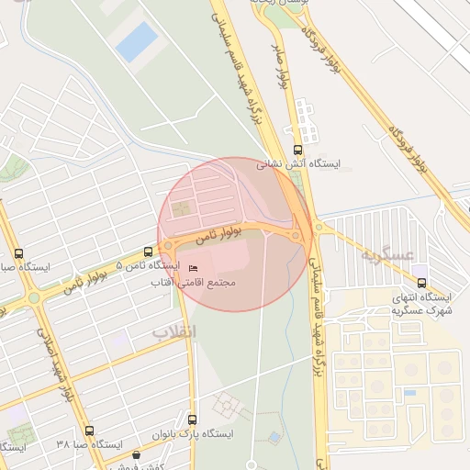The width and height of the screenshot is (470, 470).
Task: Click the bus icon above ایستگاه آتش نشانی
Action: point(296,150)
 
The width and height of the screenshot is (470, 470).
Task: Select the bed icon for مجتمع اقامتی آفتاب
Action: point(192,268)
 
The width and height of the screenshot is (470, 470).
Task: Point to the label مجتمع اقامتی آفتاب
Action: point(194,283)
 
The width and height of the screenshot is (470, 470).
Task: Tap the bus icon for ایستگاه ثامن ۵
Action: point(149,252)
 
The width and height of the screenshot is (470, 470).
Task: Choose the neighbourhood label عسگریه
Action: point(387,254)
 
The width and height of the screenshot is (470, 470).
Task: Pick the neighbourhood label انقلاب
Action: point(173,330)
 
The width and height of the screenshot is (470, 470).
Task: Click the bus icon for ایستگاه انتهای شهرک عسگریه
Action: point(421,283)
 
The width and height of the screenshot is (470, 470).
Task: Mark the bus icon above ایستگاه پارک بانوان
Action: point(192,419)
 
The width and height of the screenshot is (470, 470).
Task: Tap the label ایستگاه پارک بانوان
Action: point(194,433)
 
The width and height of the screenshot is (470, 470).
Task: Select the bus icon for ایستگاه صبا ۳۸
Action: point(89,431)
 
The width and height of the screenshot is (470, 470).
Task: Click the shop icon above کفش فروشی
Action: point(137,453)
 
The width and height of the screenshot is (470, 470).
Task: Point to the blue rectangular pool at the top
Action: point(136,41)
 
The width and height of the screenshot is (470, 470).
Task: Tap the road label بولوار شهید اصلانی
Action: point(55,363)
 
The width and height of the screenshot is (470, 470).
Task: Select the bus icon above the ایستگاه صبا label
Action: point(19,253)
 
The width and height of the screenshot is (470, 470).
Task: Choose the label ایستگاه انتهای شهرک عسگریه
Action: point(421,304)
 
